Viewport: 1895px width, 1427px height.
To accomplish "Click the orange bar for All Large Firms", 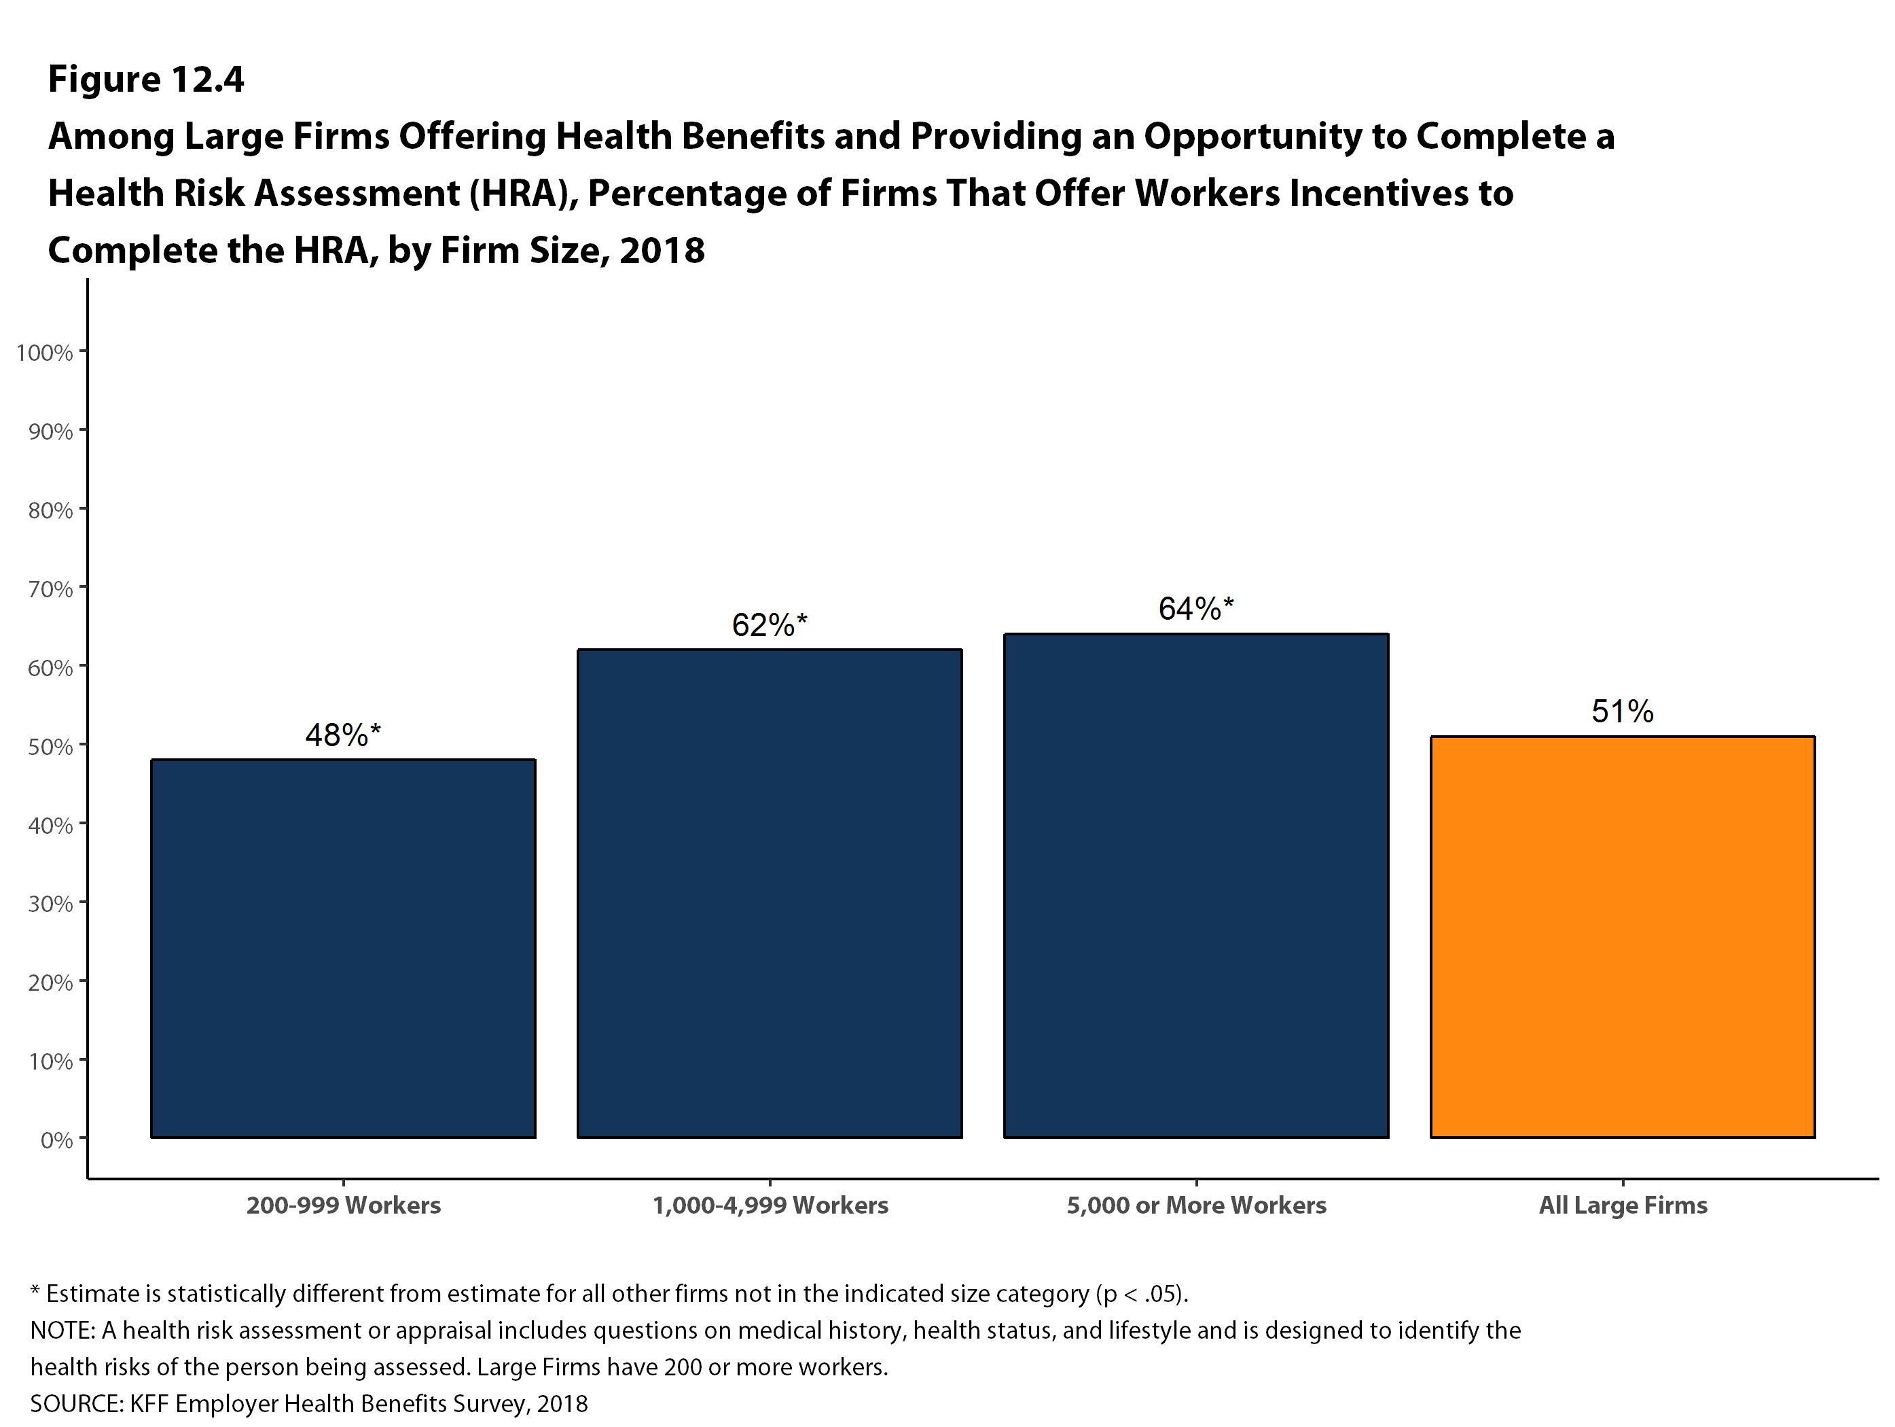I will pos(1622,937).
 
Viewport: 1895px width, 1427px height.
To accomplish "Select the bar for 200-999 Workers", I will pos(343,948).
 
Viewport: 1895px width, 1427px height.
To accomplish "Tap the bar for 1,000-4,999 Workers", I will pos(770,893).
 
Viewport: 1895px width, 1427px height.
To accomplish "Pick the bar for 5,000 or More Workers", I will pos(1195,885).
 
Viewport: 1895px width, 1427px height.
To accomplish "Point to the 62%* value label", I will pos(768,624).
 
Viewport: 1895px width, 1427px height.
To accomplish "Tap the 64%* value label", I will pos(1195,608).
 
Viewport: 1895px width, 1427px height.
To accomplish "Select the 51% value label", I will pos(1622,711).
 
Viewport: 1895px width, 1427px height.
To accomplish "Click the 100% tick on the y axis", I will pos(45,352).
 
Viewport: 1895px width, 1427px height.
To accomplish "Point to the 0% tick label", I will pos(56,1140).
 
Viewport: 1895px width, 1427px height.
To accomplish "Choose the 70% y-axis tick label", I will pos(50,588).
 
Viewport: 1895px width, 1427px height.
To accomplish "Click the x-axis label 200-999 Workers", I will pos(343,1205).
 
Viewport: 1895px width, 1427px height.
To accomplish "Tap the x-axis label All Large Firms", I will pos(1622,1205).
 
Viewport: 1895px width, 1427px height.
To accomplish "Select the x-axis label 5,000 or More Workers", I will pos(1195,1205).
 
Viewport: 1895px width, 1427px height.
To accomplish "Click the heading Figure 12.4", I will pos(145,79).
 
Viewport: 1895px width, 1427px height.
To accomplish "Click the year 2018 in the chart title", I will pos(662,250).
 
